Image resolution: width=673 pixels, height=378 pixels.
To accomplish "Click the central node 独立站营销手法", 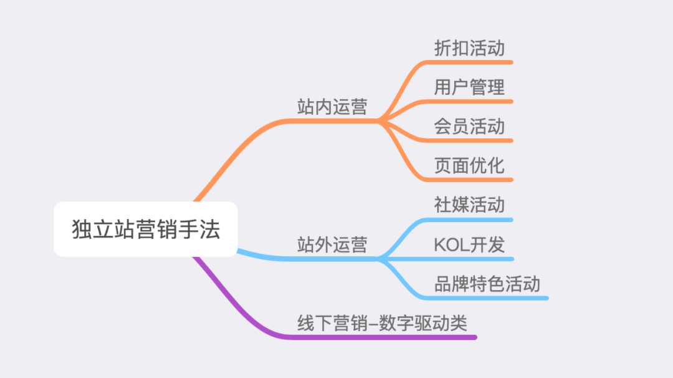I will pos(146,229).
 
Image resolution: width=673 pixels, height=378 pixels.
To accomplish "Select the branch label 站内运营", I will pos(332,107).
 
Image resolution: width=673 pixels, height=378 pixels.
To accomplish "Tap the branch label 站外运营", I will pos(332,245).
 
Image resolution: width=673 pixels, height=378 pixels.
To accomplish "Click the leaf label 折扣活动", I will pos(469,49).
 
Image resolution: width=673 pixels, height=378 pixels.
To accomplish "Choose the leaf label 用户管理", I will pos(469,87).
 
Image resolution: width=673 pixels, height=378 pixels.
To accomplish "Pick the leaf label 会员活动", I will pos(469,127).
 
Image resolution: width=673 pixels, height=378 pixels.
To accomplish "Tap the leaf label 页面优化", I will pos(469,166).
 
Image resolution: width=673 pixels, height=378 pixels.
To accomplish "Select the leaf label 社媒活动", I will pos(469,205).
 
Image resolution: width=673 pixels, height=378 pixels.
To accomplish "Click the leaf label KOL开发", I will pos(469,245).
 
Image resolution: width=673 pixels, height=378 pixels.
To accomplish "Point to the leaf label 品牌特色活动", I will pos(487,284).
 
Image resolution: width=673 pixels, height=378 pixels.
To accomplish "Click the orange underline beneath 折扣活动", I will pos(474,62).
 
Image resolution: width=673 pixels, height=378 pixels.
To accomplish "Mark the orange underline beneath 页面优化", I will pos(474,180).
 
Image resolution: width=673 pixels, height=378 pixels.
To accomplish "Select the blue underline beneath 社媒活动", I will pos(474,220).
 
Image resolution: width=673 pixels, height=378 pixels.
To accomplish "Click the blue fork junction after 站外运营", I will pos(380,259).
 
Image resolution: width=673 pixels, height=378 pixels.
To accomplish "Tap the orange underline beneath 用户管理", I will pos(474,101).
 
